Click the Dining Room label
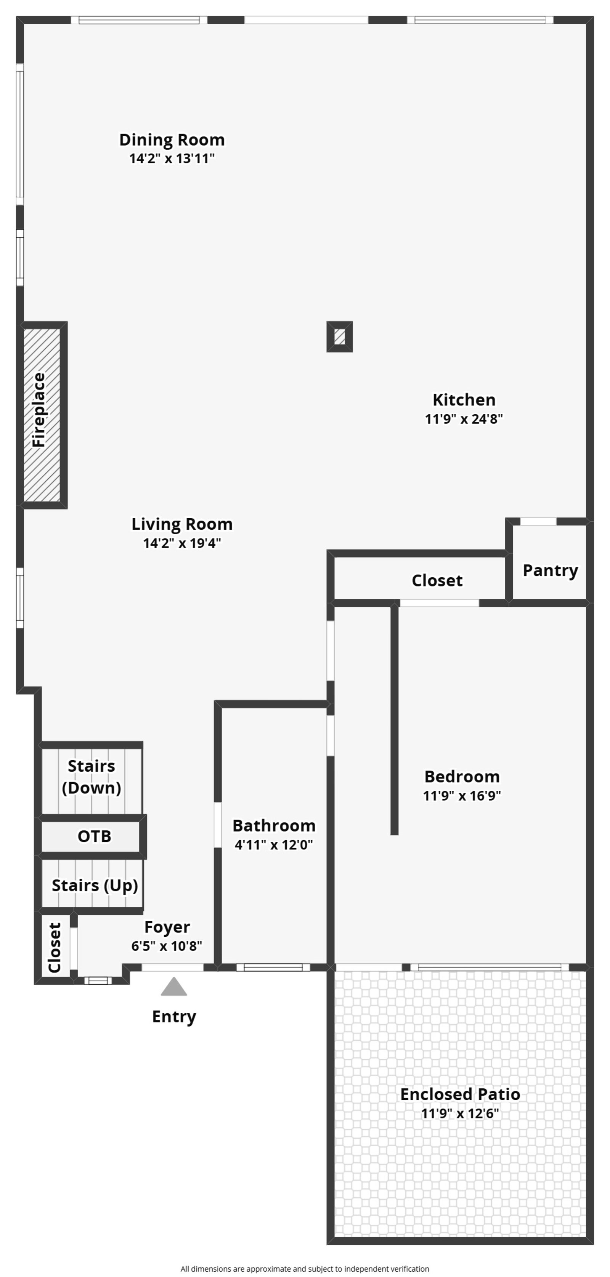click(x=172, y=140)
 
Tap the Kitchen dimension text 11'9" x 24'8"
click(x=464, y=419)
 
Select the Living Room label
click(x=182, y=524)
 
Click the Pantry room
click(x=550, y=570)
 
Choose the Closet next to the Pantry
click(x=437, y=580)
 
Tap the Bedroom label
click(x=462, y=776)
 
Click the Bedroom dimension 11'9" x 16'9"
click(x=462, y=796)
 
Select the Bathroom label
click(x=274, y=825)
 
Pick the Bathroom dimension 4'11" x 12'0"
click(x=274, y=845)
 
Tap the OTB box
click(x=94, y=836)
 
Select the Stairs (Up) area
click(x=94, y=885)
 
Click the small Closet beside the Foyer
click(x=54, y=947)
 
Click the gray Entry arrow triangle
click(x=173, y=987)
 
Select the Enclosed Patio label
click(x=460, y=1094)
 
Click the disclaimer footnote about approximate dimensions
click(x=305, y=1269)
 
